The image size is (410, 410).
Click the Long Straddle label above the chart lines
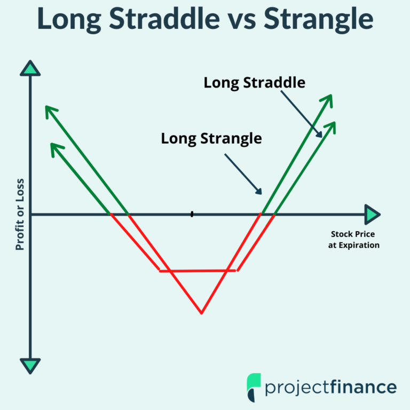click(x=255, y=83)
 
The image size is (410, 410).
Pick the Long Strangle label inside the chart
click(x=211, y=139)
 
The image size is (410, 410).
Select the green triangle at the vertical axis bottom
click(x=30, y=366)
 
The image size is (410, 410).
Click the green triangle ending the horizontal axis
click(x=372, y=215)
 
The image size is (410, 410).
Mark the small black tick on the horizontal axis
click(x=192, y=214)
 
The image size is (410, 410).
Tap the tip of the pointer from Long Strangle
click(x=261, y=193)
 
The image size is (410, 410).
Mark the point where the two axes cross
click(x=30, y=215)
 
